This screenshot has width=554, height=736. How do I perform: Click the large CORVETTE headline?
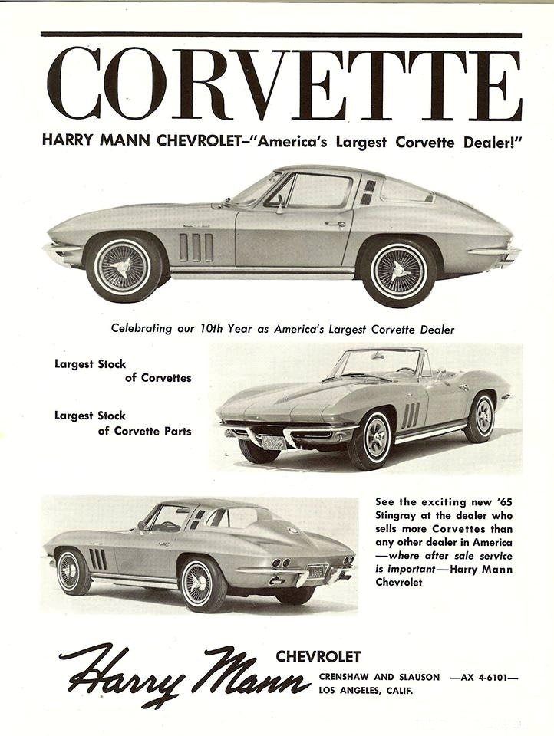(x=284, y=84)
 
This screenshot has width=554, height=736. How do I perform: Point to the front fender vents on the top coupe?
(x=196, y=247)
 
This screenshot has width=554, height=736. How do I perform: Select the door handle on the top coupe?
(x=335, y=224)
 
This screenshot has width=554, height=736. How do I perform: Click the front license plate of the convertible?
(x=273, y=442)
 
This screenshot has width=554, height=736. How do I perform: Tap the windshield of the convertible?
(x=376, y=363)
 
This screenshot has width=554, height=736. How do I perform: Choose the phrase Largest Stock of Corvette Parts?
(x=123, y=423)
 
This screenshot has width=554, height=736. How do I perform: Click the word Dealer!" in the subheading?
(x=488, y=142)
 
